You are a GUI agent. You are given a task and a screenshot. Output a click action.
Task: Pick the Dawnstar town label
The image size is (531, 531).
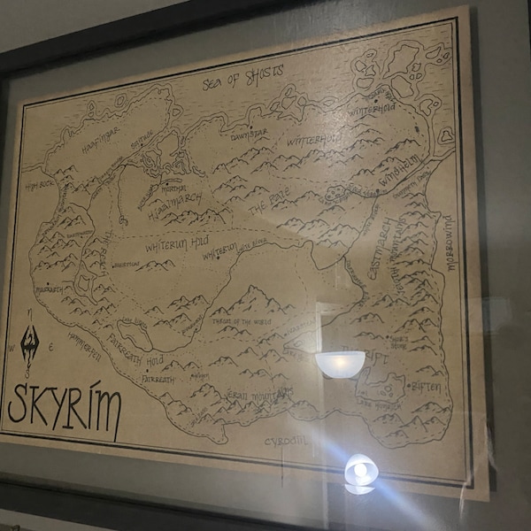(x=249, y=135)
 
